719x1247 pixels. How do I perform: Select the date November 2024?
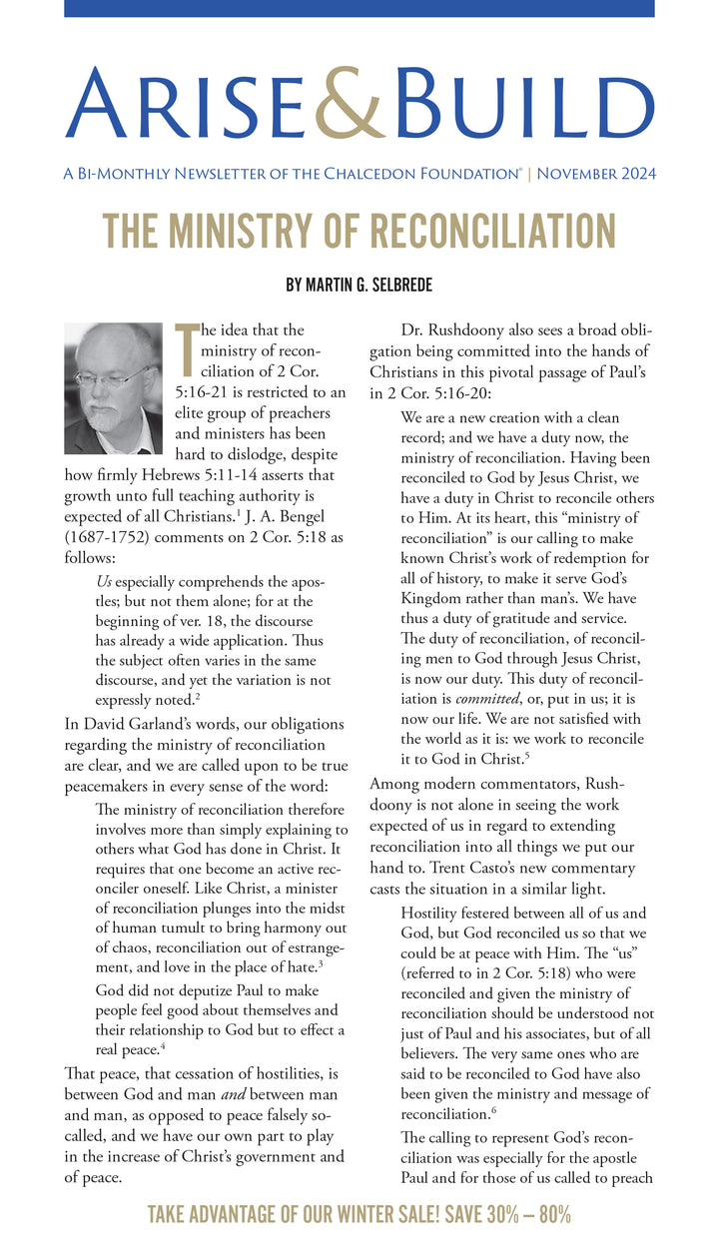tap(596, 174)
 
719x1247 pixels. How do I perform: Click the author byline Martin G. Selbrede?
tap(359, 285)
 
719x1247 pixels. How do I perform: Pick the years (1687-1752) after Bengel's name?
tap(107, 539)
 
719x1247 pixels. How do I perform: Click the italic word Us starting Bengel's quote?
tap(104, 581)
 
